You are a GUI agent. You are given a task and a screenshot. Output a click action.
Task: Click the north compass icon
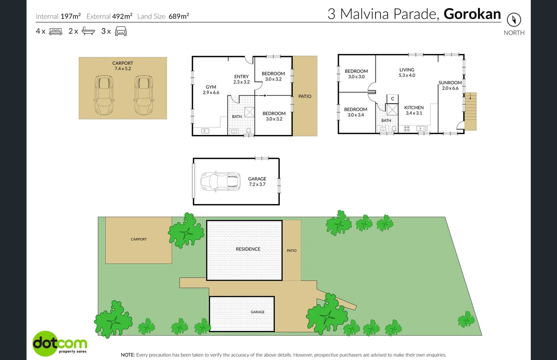tap(514, 20)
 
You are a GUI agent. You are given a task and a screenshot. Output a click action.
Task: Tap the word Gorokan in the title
tap(472, 14)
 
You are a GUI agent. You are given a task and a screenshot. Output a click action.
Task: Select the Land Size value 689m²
tap(179, 16)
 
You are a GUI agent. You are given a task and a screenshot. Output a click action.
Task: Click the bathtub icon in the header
tap(88, 31)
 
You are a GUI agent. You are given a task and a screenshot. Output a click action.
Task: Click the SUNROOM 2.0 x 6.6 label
tap(450, 85)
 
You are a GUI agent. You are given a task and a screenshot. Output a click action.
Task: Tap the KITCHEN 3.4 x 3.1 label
tap(414, 110)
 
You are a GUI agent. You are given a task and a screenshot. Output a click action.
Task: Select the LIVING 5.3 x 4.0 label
tap(407, 72)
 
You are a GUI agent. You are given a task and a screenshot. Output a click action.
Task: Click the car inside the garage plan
tap(220, 181)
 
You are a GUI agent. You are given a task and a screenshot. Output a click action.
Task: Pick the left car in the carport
tap(104, 95)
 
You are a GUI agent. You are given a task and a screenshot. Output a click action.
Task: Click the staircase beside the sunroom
tap(470, 111)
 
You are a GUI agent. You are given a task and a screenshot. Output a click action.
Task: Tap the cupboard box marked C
tap(392, 99)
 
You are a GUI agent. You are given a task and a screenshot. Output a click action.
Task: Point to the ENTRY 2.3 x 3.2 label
tap(241, 79)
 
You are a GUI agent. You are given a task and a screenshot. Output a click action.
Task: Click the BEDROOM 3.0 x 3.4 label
tap(355, 112)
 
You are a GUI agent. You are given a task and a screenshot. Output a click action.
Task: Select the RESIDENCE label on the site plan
tap(248, 249)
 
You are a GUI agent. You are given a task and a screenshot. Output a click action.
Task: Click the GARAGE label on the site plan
tap(258, 312)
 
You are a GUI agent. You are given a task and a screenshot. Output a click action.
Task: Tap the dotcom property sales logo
tap(60, 343)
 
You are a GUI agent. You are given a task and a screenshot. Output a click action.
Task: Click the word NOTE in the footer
tap(128, 355)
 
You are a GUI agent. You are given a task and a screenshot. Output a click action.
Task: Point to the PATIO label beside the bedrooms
tap(304, 96)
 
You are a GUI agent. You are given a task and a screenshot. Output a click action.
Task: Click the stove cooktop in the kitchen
tap(406, 129)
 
